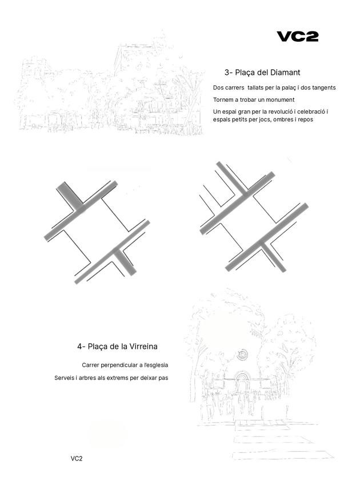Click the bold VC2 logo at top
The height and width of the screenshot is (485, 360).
tap(297, 37)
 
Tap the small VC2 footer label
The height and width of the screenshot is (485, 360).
tap(77, 459)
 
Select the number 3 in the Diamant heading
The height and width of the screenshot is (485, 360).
tap(227, 73)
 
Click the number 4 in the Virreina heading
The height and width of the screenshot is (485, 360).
tap(80, 347)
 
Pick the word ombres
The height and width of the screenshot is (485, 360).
tap(286, 120)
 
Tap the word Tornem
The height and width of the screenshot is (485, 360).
tap(223, 100)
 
